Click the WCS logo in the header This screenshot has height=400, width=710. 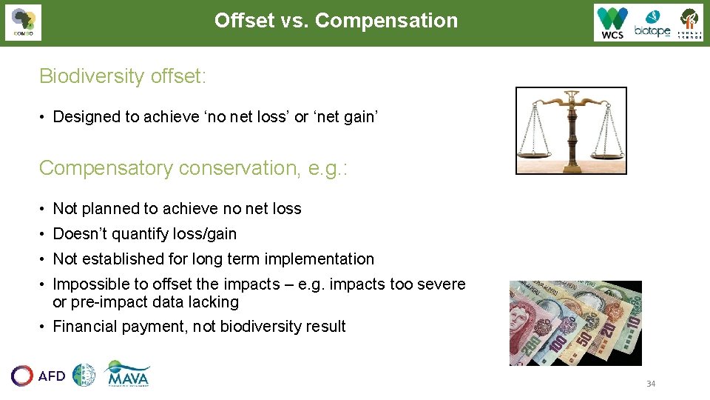(x=612, y=23)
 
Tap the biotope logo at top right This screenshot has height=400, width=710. (x=652, y=24)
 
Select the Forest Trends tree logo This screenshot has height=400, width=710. (x=689, y=23)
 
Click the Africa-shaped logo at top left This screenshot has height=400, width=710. (x=24, y=22)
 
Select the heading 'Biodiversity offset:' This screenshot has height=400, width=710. (x=122, y=76)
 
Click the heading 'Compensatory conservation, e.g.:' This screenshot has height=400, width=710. (x=193, y=168)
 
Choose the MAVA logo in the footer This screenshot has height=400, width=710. (x=127, y=374)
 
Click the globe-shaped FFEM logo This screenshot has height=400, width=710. (x=84, y=376)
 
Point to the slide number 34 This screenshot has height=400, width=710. (x=651, y=384)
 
